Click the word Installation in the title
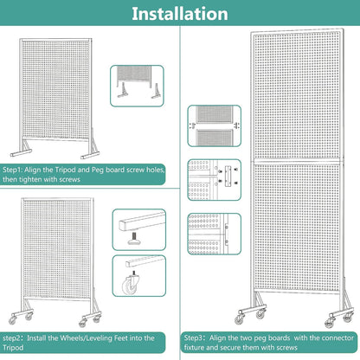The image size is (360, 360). click(x=180, y=14)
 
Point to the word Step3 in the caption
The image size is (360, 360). click(x=194, y=337)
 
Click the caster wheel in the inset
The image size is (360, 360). click(x=130, y=284)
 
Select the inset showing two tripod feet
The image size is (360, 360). click(x=137, y=86)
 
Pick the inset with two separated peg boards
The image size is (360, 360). click(x=215, y=125)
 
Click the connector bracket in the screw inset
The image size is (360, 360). click(x=228, y=176)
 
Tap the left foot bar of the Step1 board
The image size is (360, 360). click(x=22, y=153)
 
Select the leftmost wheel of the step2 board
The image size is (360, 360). click(x=12, y=320)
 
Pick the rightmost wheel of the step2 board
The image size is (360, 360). click(x=97, y=318)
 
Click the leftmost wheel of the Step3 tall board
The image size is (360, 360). click(x=239, y=319)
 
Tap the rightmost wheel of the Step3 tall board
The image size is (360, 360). click(x=347, y=318)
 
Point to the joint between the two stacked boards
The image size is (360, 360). click(x=297, y=161)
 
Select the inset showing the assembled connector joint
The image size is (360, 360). click(x=215, y=234)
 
